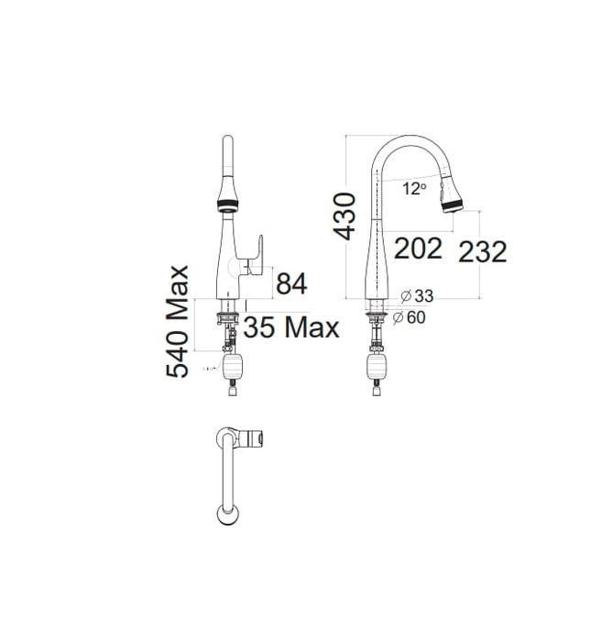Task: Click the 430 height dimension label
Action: pos(345,216)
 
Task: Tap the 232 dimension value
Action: pos(483,251)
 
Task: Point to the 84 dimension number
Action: pos(290,284)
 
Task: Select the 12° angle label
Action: pos(414,188)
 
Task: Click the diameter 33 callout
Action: pos(418,295)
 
